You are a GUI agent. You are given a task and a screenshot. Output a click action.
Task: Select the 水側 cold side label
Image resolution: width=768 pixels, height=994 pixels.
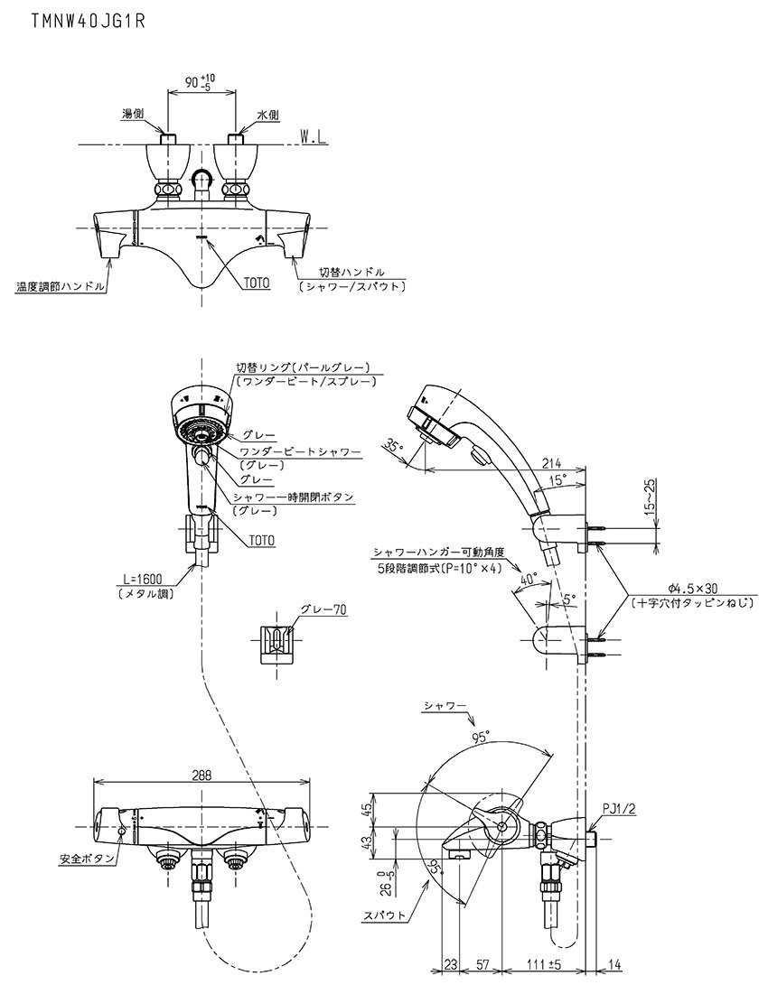[x=269, y=115]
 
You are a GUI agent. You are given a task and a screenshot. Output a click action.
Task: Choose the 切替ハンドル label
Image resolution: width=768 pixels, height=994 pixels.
[x=351, y=272]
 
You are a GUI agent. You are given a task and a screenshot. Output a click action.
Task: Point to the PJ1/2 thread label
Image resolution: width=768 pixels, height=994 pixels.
[x=621, y=809]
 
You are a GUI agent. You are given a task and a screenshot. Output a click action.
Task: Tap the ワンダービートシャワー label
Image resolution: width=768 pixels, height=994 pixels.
[x=300, y=451]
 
